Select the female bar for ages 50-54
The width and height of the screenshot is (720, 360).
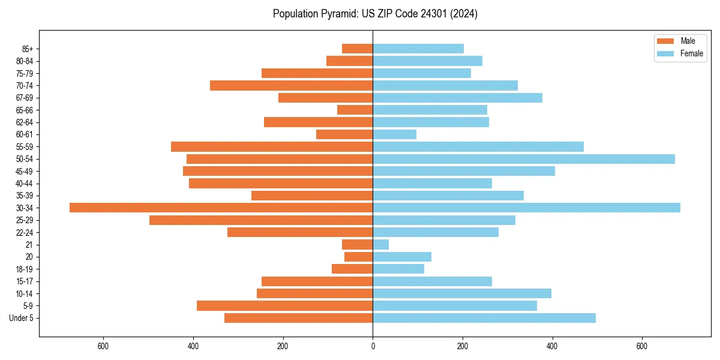(x=523, y=159)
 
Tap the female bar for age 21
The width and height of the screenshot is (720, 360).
(x=380, y=244)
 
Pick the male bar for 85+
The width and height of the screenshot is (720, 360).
(x=357, y=49)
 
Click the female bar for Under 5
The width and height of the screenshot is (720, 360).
(x=484, y=318)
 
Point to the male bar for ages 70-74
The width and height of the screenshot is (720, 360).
(x=291, y=85)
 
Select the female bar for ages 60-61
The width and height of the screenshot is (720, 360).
(x=394, y=134)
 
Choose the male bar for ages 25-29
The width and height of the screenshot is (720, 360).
(x=261, y=220)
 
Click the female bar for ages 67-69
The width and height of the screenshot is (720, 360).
(x=457, y=98)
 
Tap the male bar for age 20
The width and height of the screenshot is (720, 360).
(x=358, y=257)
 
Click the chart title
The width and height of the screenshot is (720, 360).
(x=375, y=14)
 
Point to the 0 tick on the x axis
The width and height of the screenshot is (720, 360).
(x=373, y=346)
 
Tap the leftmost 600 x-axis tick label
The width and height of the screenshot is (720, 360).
(x=103, y=346)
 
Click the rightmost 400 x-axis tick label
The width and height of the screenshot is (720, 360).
(x=552, y=346)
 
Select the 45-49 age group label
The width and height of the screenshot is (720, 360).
(x=25, y=171)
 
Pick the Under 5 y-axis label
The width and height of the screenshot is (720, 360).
(x=21, y=318)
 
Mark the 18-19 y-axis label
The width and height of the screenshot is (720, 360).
(x=25, y=269)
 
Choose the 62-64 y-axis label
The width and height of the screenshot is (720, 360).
(x=25, y=122)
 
